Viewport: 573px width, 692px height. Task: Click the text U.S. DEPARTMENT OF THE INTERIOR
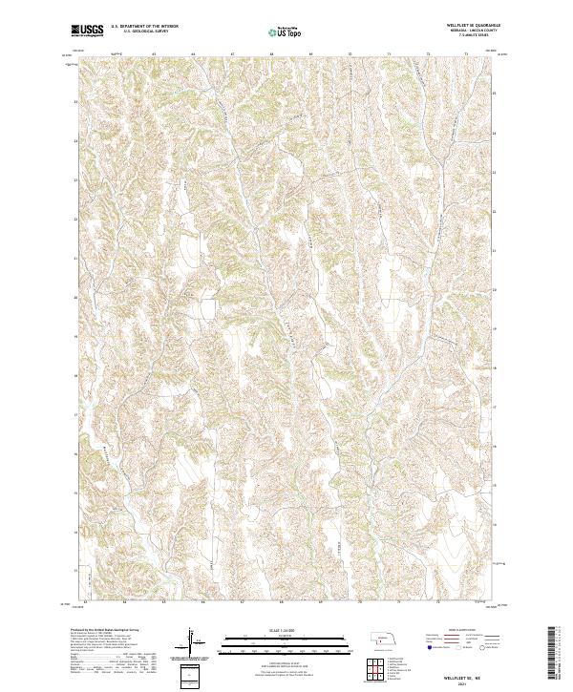[x=144, y=27]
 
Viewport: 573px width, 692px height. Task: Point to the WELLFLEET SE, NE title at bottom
[x=464, y=676]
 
